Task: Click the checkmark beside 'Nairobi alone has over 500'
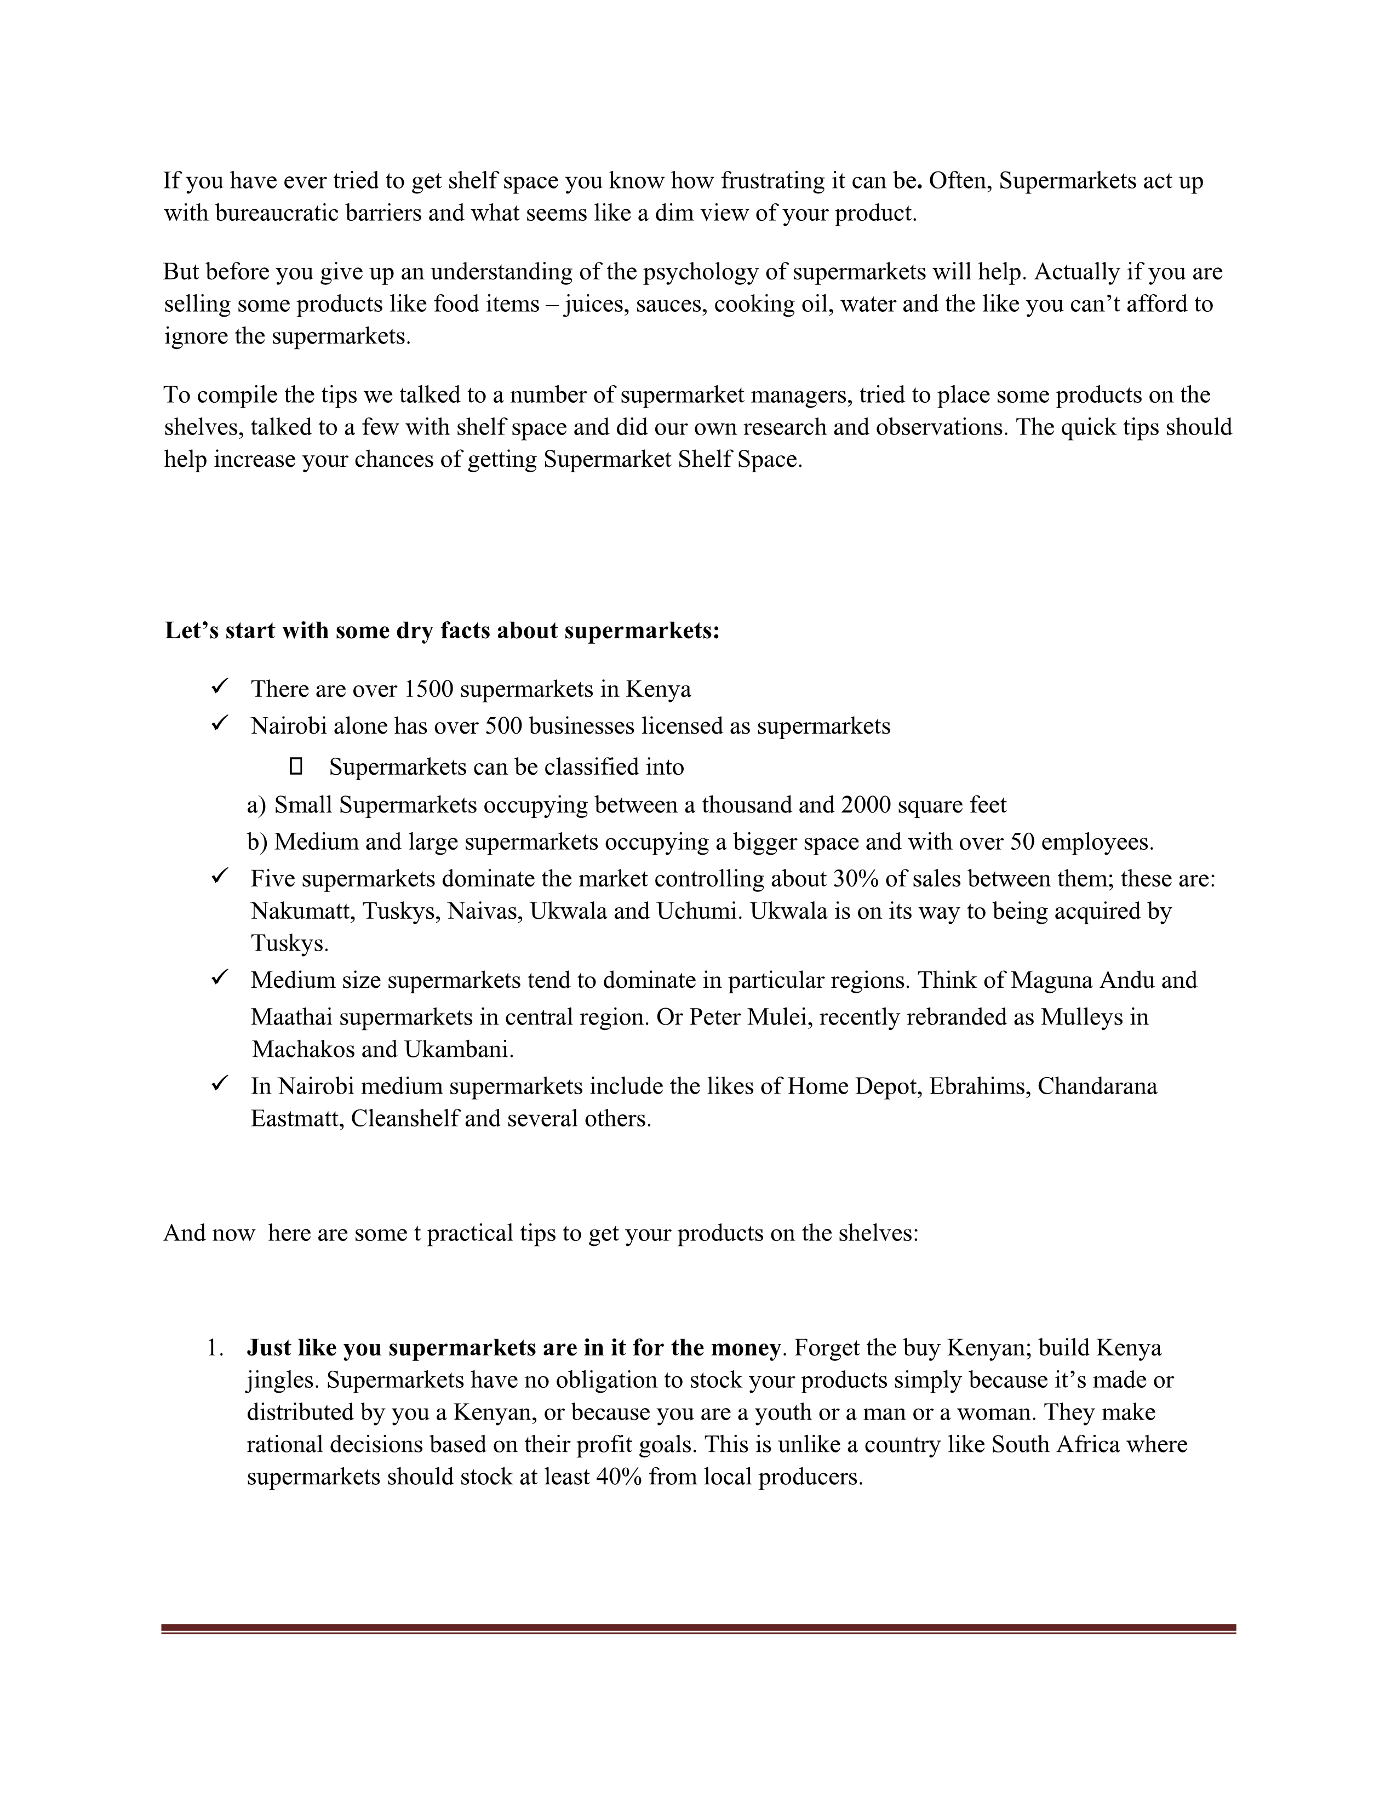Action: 219,724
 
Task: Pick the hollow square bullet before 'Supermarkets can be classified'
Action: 296,766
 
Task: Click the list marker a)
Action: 256,805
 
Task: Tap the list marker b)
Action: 256,842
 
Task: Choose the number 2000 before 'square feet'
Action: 866,805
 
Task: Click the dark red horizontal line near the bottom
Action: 697,1628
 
